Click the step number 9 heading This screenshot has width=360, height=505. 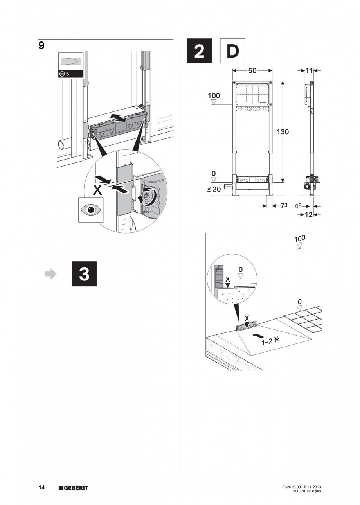pos(41,46)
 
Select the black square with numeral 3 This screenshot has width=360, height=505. pos(84,275)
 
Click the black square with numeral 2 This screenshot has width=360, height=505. pos(199,51)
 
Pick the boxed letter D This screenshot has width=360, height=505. pos(232,51)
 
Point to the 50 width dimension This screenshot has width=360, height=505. pos(252,71)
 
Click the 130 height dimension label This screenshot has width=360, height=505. pos(282,132)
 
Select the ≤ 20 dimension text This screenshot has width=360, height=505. pos(215,189)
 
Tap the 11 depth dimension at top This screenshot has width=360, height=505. pos(310,71)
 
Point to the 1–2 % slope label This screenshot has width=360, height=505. pos(271,340)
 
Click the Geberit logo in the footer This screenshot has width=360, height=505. pos(73,488)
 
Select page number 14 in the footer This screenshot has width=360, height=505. pos(41,488)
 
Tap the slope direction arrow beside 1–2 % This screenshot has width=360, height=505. pos(257,335)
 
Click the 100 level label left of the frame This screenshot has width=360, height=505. pos(214,96)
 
